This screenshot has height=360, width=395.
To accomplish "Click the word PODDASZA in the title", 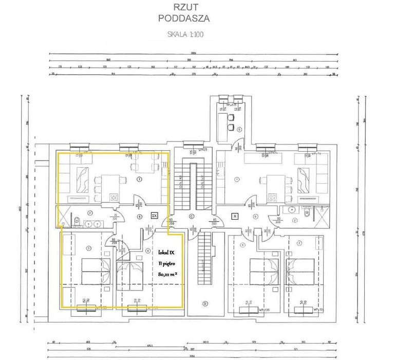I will click(x=184, y=19).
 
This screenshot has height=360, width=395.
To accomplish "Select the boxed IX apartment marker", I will click(x=154, y=215).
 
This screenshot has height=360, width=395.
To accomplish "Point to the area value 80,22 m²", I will click(x=167, y=275).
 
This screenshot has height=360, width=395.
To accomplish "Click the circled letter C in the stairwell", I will click(x=191, y=217).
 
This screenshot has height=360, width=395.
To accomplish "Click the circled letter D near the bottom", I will click(x=204, y=303).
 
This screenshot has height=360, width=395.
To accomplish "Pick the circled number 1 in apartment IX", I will click(x=139, y=180).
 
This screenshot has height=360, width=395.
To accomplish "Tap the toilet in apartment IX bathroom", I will click(x=76, y=221).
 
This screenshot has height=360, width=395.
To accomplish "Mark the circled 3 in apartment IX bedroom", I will click(x=89, y=248).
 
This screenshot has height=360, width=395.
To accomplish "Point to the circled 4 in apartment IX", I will click(x=148, y=251).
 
